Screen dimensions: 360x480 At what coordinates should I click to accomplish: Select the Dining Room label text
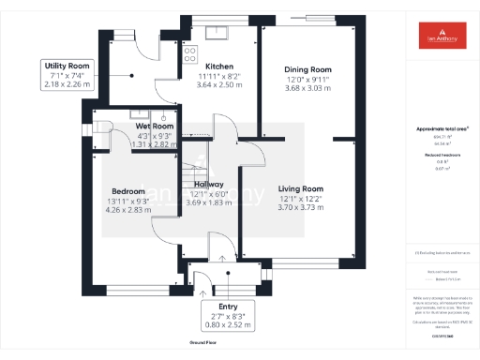point(308,69)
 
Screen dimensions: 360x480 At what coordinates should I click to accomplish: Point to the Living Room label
point(300,188)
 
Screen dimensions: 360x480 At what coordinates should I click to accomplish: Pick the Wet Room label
point(155,126)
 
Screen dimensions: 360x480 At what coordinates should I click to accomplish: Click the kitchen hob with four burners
point(188,52)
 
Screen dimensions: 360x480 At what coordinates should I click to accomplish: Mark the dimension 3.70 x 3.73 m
point(300,207)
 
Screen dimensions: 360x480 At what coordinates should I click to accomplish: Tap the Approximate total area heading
point(440,127)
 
